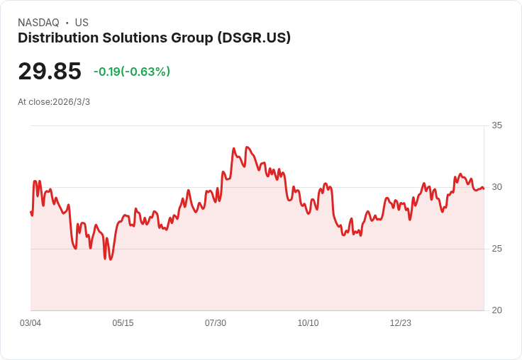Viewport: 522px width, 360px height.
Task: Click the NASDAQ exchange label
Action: click(38, 23)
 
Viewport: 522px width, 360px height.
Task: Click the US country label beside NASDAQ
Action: click(82, 23)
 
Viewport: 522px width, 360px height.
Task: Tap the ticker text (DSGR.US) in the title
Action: click(254, 38)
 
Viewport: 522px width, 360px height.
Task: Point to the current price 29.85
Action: click(50, 72)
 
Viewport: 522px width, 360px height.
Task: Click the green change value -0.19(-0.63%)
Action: click(132, 72)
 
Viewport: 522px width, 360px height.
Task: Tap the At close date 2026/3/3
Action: click(71, 102)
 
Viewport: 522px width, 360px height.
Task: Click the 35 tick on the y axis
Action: click(497, 125)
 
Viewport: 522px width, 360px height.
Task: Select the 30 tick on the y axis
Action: click(497, 187)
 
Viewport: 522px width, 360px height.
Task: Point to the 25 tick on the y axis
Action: click(497, 249)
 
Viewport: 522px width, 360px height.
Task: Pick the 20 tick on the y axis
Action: click(497, 310)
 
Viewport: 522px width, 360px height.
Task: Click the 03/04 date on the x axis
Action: click(30, 323)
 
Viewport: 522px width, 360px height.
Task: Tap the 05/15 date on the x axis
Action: click(123, 323)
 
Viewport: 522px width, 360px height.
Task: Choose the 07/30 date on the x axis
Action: click(216, 323)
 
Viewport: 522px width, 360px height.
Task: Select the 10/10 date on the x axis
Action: click(308, 323)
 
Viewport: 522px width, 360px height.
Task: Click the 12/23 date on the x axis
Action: click(401, 323)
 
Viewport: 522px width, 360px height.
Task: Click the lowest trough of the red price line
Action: click(111, 259)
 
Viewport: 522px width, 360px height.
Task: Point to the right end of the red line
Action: click(484, 189)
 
